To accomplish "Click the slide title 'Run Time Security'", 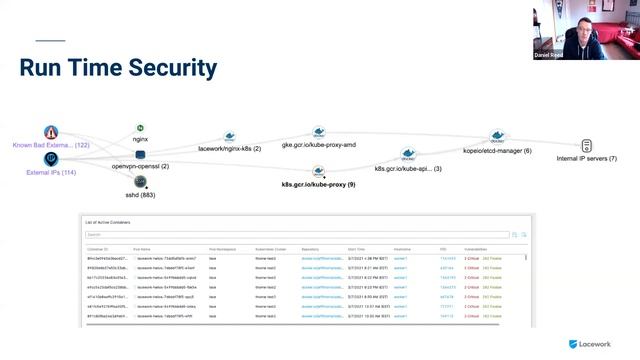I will (x=118, y=68).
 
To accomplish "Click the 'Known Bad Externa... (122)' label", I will (x=51, y=145).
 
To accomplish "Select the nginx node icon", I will (x=141, y=129).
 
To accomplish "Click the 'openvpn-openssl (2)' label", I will (x=140, y=166).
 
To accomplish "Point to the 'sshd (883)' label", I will (x=141, y=195).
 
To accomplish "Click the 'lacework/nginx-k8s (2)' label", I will (x=230, y=148).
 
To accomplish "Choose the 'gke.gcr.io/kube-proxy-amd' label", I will (x=319, y=145).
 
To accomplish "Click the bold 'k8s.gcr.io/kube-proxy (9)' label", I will (x=317, y=185).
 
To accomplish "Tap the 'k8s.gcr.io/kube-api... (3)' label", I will (x=408, y=169).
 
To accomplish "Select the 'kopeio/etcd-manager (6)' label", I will (x=497, y=150).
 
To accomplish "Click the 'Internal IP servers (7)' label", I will (x=586, y=159).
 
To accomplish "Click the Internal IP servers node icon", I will (x=586, y=146).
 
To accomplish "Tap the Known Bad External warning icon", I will (x=51, y=132).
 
